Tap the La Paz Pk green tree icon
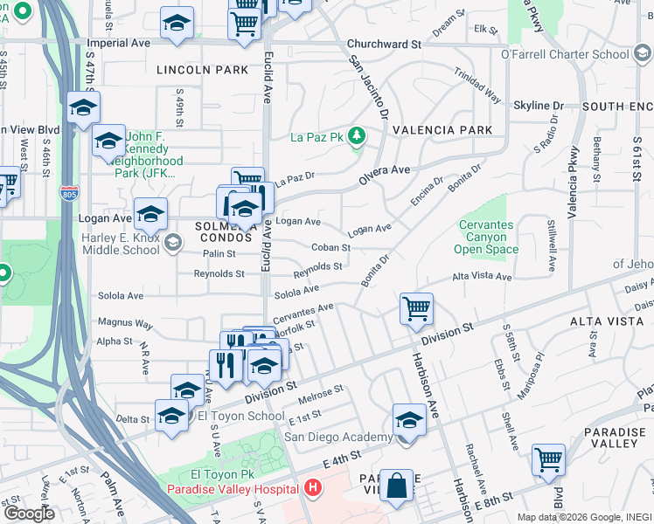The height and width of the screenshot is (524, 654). tap(356, 136)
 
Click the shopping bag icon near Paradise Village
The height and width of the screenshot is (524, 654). tap(396, 487)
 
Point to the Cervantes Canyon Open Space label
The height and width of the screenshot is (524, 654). tap(486, 238)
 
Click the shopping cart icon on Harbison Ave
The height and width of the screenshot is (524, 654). tap(416, 308)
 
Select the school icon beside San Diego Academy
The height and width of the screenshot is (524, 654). tap(408, 420)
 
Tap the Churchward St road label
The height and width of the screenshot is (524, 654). tap(384, 44)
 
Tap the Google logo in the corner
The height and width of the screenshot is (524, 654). tap(28, 513)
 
